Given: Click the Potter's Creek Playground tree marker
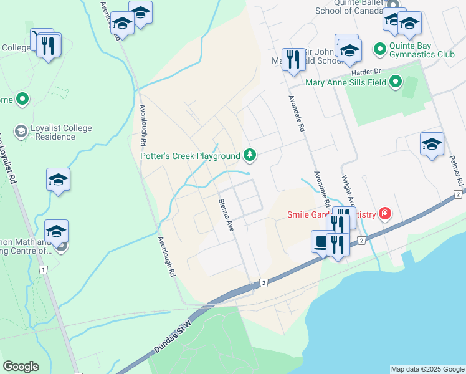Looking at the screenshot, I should tap(249, 154).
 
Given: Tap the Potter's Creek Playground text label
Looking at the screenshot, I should tap(190, 156).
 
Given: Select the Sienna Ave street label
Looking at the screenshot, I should tap(225, 215).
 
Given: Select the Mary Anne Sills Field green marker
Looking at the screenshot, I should tap(395, 82).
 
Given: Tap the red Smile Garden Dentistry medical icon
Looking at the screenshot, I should tap(385, 214).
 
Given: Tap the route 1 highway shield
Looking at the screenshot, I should tap(42, 269).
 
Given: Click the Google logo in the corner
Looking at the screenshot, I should tap(21, 367).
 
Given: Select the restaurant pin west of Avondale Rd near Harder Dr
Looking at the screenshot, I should tap(292, 60).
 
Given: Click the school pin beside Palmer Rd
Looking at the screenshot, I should tap(432, 144).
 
